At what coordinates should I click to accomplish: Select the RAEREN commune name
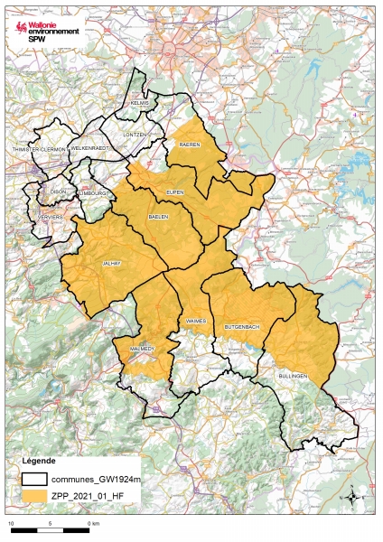click(x=189, y=145)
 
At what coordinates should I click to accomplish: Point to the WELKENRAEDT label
click(x=89, y=147)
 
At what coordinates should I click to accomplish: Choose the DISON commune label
click(x=59, y=191)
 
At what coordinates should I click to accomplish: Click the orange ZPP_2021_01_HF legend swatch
click(x=39, y=495)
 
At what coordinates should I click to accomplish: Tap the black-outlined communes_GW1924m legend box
click(x=39, y=479)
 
